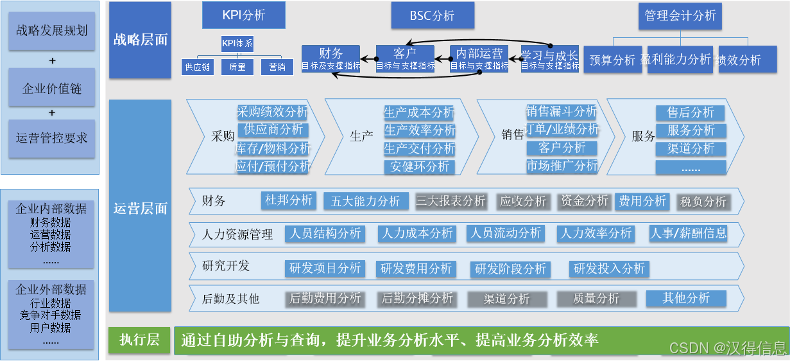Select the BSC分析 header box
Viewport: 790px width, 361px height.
point(433,15)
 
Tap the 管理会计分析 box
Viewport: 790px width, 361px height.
point(680,16)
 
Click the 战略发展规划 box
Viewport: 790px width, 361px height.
point(52,30)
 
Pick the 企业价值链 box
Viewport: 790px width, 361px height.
point(52,89)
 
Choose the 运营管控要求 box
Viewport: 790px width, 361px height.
point(52,138)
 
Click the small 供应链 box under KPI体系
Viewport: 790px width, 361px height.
point(197,67)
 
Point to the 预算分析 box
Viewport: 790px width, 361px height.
point(612,60)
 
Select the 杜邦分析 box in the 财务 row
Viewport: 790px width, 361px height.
point(289,200)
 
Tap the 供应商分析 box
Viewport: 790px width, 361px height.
point(273,130)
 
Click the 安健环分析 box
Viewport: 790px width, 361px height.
point(419,167)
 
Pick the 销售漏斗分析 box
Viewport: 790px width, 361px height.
point(562,111)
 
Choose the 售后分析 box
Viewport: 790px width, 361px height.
point(691,113)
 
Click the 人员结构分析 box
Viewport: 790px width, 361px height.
point(325,233)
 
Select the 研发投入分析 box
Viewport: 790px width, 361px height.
point(609,269)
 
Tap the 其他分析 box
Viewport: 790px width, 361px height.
point(686,298)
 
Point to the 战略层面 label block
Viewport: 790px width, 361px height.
point(140,40)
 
